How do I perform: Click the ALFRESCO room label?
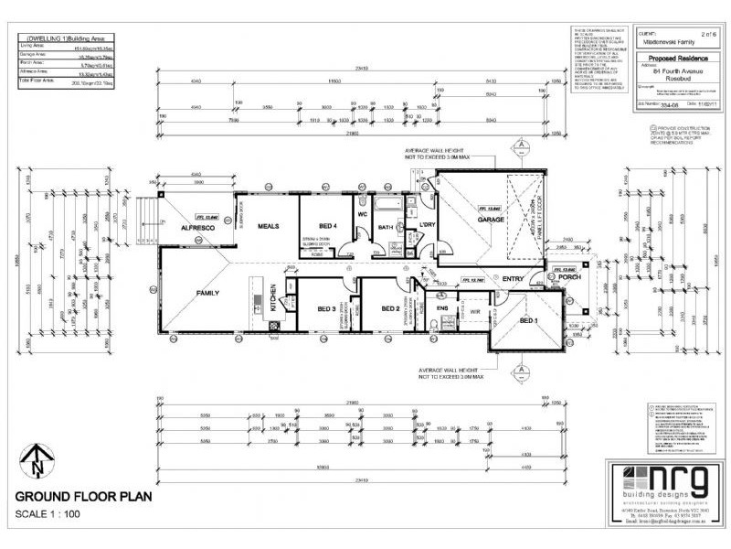(196, 226)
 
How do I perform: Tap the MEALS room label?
(267, 226)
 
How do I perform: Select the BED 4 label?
(329, 225)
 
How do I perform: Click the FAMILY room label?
(207, 294)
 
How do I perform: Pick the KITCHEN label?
(271, 301)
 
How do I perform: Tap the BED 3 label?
(327, 309)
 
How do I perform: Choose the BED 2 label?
(390, 309)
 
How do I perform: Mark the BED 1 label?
(529, 321)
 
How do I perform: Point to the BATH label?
(387, 227)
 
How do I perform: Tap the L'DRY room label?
(426, 224)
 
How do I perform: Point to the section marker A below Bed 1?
(520, 371)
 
